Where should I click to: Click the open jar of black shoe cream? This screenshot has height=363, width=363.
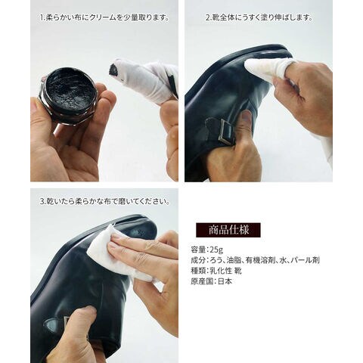(68, 96)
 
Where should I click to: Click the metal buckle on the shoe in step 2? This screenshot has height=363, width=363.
(226, 132)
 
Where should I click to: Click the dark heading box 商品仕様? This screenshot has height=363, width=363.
(228, 230)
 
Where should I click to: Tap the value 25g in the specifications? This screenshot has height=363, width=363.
(216, 250)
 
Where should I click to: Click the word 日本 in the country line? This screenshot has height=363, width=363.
(225, 281)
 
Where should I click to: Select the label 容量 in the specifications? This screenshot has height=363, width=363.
(198, 250)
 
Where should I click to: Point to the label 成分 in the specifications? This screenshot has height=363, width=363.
(198, 260)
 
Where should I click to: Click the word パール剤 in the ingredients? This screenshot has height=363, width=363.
(306, 260)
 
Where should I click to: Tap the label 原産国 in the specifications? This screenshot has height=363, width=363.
(202, 281)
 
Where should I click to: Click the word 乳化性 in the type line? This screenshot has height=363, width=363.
(221, 271)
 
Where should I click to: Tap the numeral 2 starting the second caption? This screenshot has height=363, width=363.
(208, 18)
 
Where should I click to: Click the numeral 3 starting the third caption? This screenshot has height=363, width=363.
(42, 202)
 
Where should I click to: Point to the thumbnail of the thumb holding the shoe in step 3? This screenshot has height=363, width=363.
(88, 311)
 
